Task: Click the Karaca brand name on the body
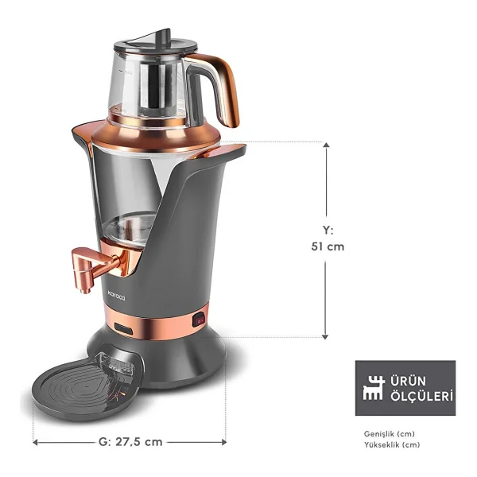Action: click(x=117, y=296)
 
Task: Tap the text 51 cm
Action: click(x=328, y=246)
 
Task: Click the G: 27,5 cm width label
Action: click(x=130, y=442)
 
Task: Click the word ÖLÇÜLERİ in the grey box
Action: click(x=421, y=396)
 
